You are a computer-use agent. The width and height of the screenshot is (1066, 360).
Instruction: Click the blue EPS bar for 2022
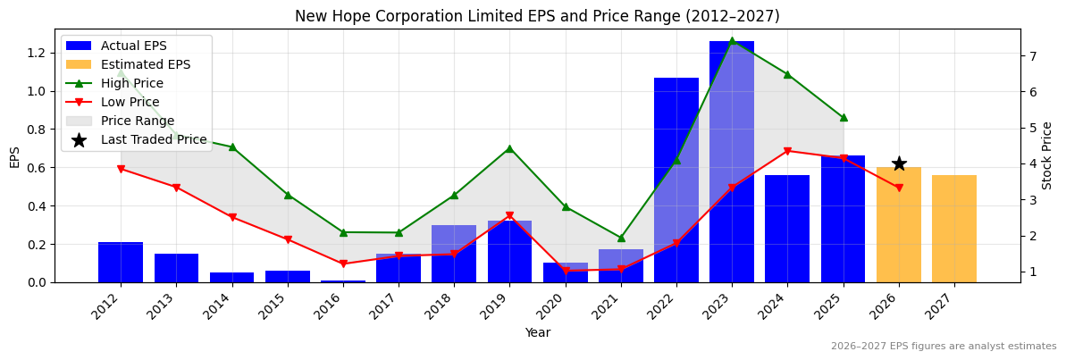676,179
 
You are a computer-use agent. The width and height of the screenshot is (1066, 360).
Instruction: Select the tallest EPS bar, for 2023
732,161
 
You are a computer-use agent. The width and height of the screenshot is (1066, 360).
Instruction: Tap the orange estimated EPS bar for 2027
954,229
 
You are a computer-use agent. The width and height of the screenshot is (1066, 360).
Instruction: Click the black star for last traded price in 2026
899,163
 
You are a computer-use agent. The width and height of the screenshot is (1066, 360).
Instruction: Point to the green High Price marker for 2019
509,148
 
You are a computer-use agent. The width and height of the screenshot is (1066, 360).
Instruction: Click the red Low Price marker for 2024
787,151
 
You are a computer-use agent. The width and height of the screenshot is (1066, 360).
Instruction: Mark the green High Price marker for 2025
843,118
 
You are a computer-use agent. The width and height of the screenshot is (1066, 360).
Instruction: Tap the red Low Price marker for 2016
343,264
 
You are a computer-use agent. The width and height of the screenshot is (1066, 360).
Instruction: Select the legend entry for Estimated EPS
145,64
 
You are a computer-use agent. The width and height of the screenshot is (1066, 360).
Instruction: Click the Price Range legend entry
137,121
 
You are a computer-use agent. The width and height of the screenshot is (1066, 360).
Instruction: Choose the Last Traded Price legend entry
153,139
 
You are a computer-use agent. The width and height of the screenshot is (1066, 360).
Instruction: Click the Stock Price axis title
1047,155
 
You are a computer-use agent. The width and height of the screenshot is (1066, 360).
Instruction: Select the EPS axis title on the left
14,157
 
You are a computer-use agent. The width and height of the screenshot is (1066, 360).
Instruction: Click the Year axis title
537,332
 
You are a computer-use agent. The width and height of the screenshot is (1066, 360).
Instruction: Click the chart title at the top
537,16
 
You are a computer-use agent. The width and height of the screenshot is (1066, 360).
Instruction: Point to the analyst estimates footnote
943,347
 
